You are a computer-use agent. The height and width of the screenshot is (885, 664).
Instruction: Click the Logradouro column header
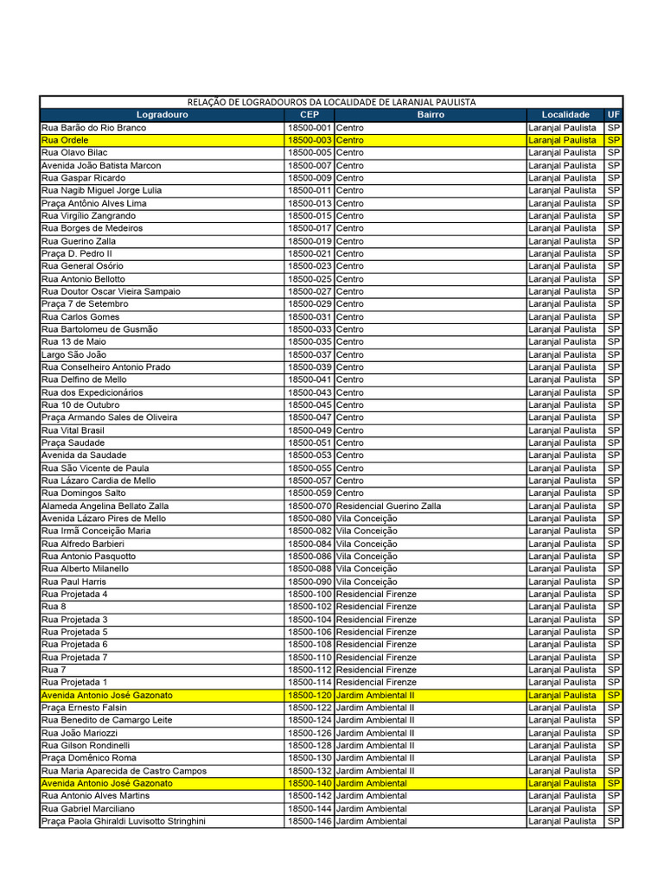pos(162,115)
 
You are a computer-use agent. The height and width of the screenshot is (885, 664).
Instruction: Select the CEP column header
pos(310,115)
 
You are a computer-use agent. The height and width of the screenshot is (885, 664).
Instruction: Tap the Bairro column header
pos(431,115)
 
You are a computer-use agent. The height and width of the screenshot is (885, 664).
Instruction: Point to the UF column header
pos(614,115)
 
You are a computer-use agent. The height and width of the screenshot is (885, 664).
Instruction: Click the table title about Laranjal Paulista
pos(331,102)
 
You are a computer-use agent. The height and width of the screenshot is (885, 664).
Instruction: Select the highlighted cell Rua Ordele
pos(65,140)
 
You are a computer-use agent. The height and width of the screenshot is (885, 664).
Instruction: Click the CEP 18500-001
pos(310,127)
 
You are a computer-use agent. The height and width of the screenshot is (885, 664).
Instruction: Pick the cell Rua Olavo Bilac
pos(74,152)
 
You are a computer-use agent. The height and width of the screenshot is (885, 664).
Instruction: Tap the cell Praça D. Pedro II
pos(76,253)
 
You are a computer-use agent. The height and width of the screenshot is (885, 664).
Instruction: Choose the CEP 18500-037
pos(310,354)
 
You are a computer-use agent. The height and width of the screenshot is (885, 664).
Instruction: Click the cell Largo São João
pos(73,354)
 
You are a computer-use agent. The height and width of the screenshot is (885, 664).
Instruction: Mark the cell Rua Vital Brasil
pos(73,430)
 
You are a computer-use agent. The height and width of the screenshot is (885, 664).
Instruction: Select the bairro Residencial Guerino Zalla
pos(389,506)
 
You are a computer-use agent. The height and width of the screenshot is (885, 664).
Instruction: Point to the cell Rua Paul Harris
pos(73,582)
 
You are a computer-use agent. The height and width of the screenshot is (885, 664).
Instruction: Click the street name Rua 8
pos(53,607)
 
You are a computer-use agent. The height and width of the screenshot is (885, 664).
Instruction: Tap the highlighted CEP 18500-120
pos(310,695)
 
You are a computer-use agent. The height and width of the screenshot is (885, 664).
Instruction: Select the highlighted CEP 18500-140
pos(310,783)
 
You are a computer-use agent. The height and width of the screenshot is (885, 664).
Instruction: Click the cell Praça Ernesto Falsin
pos(84,708)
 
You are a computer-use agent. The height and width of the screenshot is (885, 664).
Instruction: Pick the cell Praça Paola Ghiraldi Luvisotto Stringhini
pos(124,821)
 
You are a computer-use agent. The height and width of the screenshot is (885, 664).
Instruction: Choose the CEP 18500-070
pos(310,506)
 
